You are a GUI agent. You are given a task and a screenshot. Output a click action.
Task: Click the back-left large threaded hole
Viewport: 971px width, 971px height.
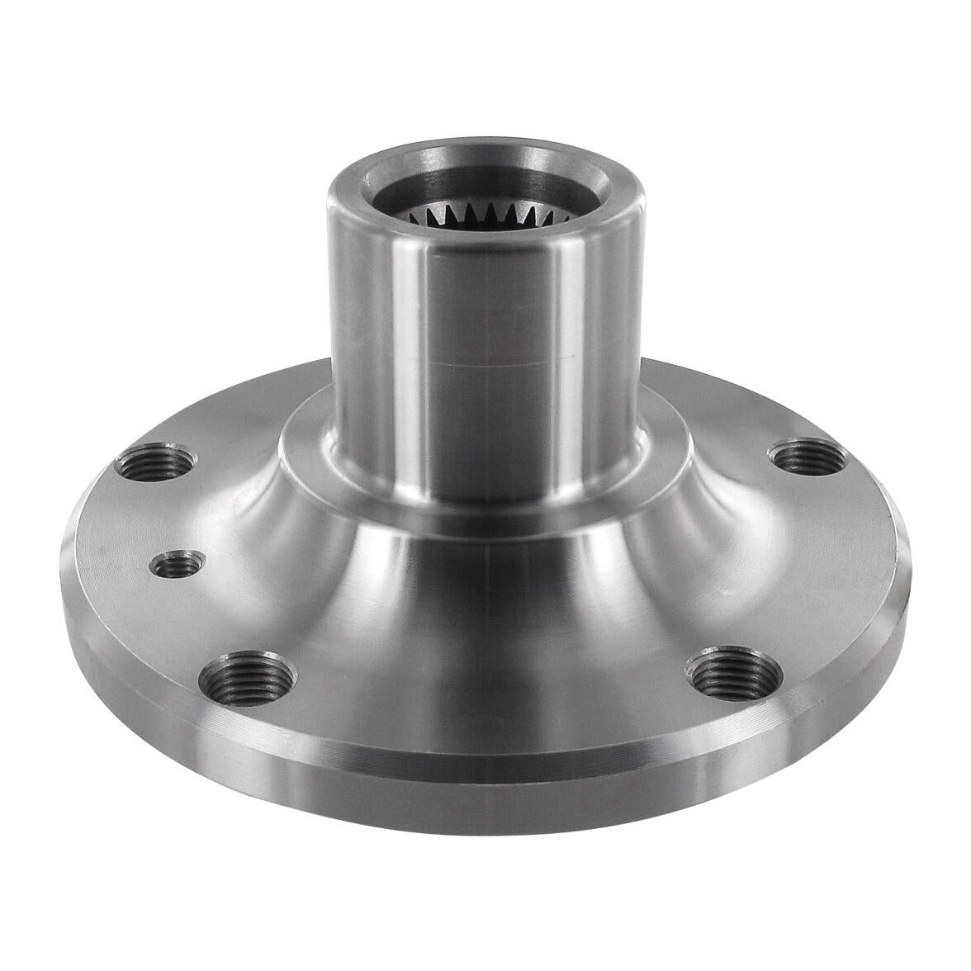tap(157, 462)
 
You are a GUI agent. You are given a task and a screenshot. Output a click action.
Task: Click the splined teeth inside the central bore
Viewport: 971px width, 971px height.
tap(462, 217)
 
